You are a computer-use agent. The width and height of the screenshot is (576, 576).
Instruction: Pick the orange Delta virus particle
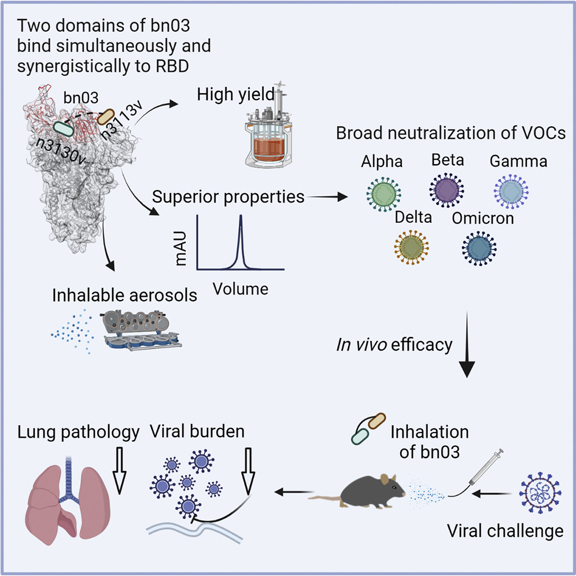(x=412, y=246)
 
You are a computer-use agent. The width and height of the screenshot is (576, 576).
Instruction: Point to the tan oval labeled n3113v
(x=108, y=117)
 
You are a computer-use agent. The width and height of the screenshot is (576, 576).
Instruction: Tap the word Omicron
(x=483, y=219)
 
